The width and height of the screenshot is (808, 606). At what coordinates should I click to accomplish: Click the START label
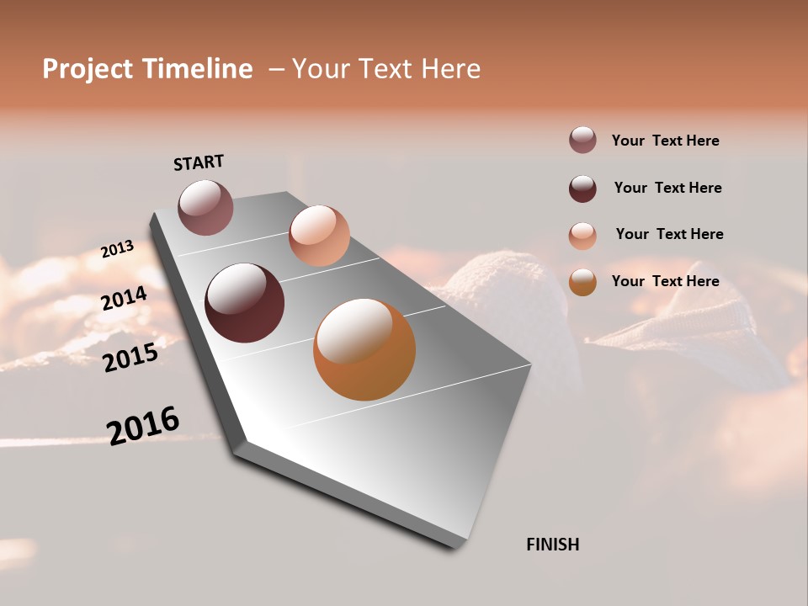tap(199, 162)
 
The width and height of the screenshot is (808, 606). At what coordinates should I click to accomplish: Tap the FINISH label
tap(553, 545)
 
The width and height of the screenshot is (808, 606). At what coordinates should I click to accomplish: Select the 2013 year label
tap(117, 249)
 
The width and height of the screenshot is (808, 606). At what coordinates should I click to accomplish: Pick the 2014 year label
tap(124, 299)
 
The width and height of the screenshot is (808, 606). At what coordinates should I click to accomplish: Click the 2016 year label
tap(143, 425)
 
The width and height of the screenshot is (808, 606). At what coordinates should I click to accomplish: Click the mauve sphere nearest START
tap(205, 207)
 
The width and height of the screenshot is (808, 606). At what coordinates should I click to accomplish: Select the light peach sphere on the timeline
tap(319, 235)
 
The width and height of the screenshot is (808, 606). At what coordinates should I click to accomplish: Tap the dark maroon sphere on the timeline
tap(244, 303)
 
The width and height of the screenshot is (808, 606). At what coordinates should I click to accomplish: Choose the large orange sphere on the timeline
tap(364, 349)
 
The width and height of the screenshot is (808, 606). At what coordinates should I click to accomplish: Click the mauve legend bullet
tap(582, 140)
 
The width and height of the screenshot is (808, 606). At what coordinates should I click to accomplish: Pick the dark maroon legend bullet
tap(582, 189)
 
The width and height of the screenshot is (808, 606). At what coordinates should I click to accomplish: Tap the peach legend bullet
tap(582, 236)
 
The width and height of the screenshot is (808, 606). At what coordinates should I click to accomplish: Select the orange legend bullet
tap(582, 282)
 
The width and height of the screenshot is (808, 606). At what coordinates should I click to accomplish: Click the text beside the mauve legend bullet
tap(665, 141)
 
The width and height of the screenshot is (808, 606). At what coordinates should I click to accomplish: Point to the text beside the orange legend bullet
tap(665, 281)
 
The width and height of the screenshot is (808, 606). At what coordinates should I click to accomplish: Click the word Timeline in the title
tap(198, 69)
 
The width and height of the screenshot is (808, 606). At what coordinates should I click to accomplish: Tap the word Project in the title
tap(88, 69)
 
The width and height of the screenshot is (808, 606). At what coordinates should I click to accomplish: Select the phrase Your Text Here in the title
tap(386, 69)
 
